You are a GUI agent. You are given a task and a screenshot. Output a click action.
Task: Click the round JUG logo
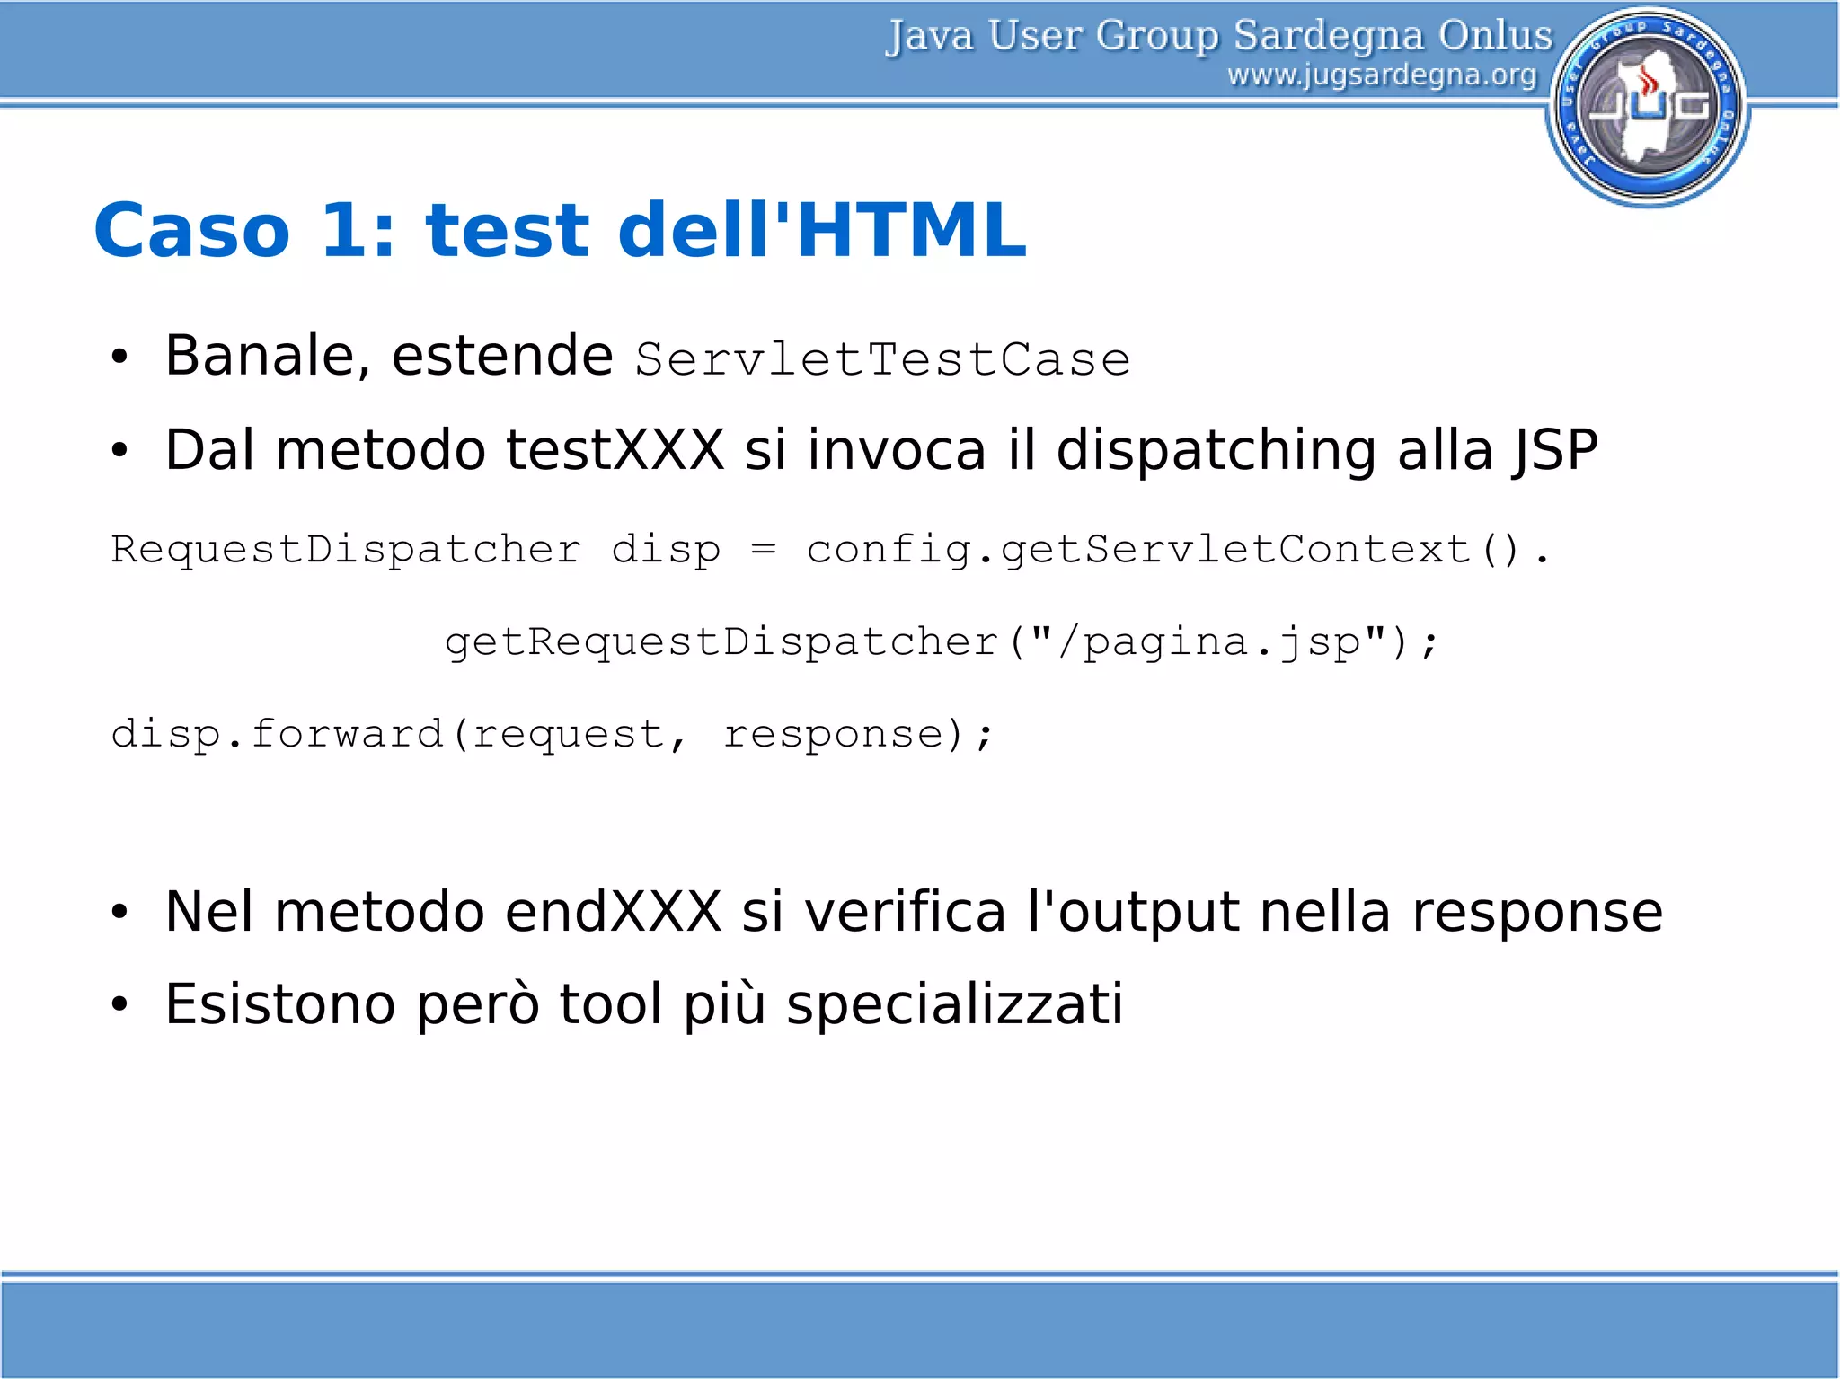(1649, 106)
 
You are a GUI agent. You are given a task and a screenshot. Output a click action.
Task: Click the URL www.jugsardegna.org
(1382, 75)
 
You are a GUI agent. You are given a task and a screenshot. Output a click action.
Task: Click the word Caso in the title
(192, 231)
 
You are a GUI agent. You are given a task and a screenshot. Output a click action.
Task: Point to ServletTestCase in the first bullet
(882, 360)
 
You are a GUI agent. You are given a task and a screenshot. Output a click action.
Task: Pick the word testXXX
(615, 449)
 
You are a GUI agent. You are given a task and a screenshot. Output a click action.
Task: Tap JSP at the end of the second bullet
(1554, 449)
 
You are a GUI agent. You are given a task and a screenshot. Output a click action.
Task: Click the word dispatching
(1216, 451)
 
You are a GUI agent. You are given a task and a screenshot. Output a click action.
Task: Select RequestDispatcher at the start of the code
(346, 549)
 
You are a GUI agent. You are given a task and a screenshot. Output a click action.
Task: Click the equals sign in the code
(763, 549)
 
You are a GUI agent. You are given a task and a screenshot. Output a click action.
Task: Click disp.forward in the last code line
(277, 734)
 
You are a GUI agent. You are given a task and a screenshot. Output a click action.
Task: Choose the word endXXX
(613, 912)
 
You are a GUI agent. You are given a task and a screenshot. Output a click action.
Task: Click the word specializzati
(954, 1004)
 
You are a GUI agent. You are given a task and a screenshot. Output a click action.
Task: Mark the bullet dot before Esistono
(120, 1004)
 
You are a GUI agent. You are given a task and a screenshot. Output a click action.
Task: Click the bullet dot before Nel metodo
(120, 913)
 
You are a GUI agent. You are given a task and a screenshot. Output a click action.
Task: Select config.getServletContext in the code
(1138, 549)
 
